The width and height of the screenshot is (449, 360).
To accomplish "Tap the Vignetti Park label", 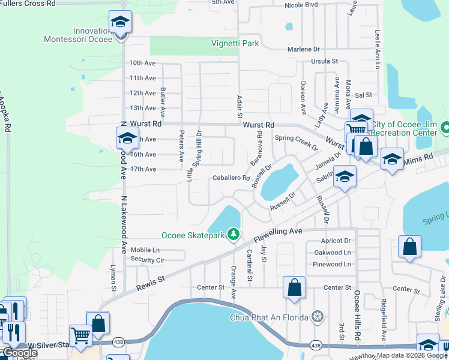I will click(235, 43).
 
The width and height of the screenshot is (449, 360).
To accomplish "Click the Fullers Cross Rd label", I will click(28, 3).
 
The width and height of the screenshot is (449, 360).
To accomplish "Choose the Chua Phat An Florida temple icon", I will click(318, 316).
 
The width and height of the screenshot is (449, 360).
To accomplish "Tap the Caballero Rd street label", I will click(231, 178).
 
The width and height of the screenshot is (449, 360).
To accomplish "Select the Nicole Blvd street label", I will click(301, 5).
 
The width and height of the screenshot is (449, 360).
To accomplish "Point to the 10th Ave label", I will click(142, 63).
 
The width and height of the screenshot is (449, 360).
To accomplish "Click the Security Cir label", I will click(147, 260).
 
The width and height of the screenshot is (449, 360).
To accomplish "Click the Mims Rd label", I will click(420, 157).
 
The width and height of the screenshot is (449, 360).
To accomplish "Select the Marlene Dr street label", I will click(303, 49).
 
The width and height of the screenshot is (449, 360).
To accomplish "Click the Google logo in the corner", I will click(20, 353).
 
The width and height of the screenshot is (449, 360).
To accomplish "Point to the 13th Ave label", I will click(142, 108).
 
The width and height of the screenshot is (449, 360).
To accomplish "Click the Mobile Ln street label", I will click(145, 250).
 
